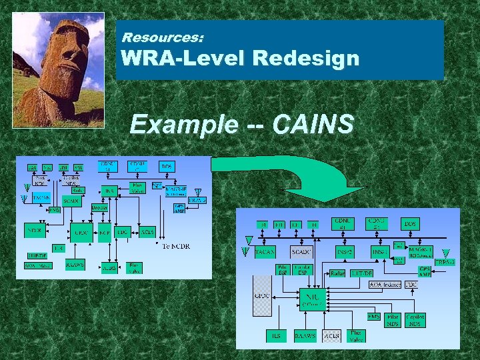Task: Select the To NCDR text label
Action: point(176,246)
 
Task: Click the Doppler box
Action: point(100,208)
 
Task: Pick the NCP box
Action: point(104,233)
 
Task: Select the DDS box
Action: point(410,224)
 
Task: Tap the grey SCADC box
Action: point(302,251)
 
